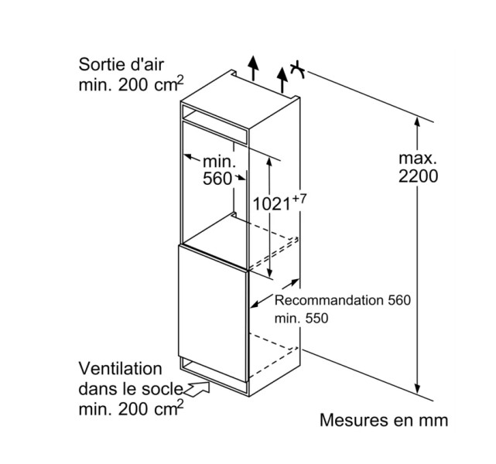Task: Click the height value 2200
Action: pyautogui.click(x=419, y=176)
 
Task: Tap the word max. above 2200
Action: pyautogui.click(x=419, y=158)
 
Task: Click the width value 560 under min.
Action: pyautogui.click(x=218, y=179)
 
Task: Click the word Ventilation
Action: pyautogui.click(x=120, y=369)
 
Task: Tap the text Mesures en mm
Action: pyautogui.click(x=384, y=421)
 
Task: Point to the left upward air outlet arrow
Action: pyautogui.click(x=251, y=68)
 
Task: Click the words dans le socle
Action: pyautogui.click(x=129, y=387)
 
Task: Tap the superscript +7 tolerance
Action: pyautogui.click(x=299, y=199)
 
